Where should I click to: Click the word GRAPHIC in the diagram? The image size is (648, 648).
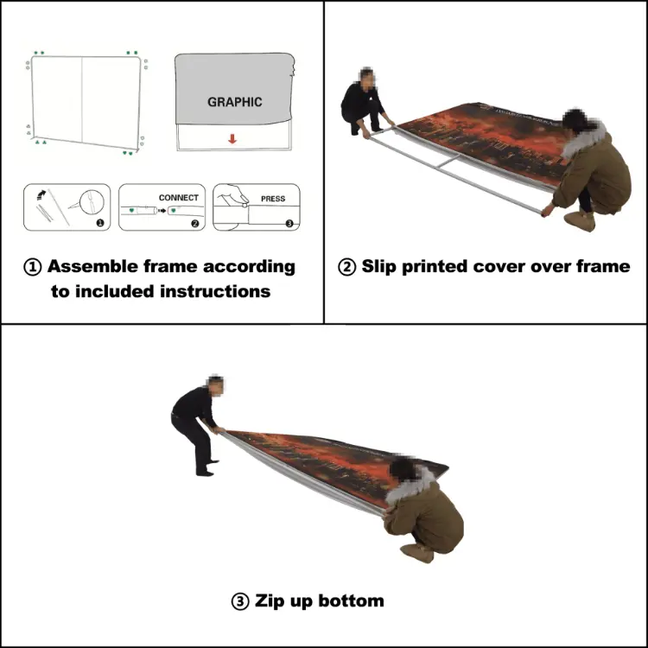click(x=234, y=102)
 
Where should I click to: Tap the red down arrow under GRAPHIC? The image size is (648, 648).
click(x=233, y=138)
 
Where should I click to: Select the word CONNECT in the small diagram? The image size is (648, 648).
click(x=178, y=198)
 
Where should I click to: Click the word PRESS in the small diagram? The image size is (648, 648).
click(x=273, y=199)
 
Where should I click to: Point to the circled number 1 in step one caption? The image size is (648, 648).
click(x=34, y=267)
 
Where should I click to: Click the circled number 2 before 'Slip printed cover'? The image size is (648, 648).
click(x=347, y=267)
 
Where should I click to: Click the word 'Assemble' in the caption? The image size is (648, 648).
click(x=97, y=267)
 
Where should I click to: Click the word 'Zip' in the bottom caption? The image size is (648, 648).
click(x=270, y=600)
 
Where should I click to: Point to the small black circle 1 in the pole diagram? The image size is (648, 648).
click(x=100, y=222)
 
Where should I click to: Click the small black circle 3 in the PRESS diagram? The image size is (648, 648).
click(x=289, y=222)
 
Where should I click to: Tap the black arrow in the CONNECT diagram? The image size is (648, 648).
click(x=162, y=210)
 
